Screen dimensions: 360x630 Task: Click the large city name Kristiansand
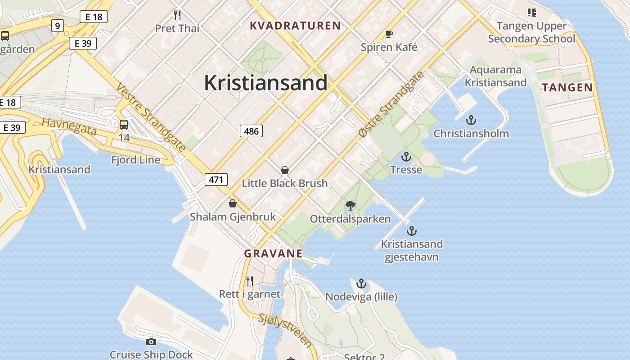click(x=265, y=83)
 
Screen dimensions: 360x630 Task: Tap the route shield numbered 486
click(x=251, y=131)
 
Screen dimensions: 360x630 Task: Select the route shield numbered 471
click(x=216, y=180)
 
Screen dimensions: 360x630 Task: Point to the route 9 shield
click(x=57, y=26)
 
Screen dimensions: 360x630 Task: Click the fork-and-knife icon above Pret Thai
click(x=177, y=16)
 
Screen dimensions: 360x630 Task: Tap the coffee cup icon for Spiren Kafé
click(x=389, y=34)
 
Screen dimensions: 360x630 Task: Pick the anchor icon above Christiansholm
click(x=471, y=120)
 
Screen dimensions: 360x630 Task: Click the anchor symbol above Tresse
click(x=406, y=157)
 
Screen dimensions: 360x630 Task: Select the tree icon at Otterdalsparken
click(x=350, y=206)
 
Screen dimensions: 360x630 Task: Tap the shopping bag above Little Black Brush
click(x=284, y=170)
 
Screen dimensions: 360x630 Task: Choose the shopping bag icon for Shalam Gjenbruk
click(x=233, y=203)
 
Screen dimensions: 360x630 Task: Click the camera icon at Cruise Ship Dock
click(x=151, y=342)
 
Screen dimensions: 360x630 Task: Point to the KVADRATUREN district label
click(x=295, y=26)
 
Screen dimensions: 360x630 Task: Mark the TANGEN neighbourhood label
click(x=567, y=87)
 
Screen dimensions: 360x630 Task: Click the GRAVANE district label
click(x=273, y=253)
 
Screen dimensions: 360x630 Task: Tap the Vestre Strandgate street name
click(x=151, y=117)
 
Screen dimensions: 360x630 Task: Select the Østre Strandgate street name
click(x=392, y=104)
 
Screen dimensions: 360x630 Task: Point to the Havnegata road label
click(x=69, y=126)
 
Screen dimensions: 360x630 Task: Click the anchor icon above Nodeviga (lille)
click(x=361, y=283)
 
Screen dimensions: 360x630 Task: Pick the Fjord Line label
click(x=135, y=160)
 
